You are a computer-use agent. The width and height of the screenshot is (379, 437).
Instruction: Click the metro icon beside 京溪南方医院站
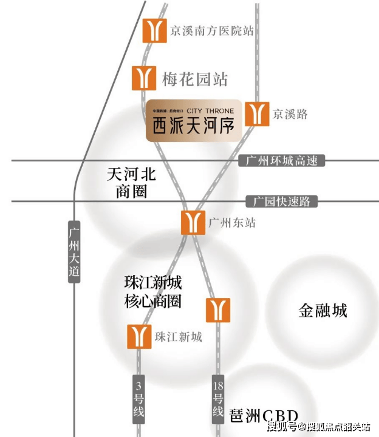pyautogui.click(x=154, y=30)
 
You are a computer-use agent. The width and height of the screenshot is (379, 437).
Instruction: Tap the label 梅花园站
pyautogui.click(x=194, y=78)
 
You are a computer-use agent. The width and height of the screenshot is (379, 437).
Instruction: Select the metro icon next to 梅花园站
pyautogui.click(x=144, y=78)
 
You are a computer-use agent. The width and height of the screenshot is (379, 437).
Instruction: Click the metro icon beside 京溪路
pyautogui.click(x=257, y=113)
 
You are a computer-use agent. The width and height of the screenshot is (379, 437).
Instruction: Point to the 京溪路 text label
pyautogui.click(x=291, y=113)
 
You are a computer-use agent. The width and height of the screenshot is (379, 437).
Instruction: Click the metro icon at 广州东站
pyautogui.click(x=193, y=223)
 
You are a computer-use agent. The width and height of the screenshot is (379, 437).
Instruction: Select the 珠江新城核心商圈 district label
pyautogui.click(x=152, y=292)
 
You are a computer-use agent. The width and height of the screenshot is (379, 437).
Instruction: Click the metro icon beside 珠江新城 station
pyautogui.click(x=138, y=336)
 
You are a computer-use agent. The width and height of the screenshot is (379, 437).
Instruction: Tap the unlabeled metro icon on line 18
pyautogui.click(x=218, y=310)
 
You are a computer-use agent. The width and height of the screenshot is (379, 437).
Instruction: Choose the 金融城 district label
pyautogui.click(x=323, y=311)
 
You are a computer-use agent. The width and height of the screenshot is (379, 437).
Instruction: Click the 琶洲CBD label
pyautogui.click(x=264, y=416)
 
